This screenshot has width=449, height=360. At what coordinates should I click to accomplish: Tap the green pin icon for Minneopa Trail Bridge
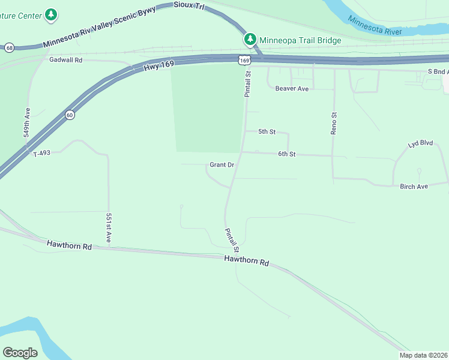click(250, 40)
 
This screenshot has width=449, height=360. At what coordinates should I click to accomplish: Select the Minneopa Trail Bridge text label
click(300, 40)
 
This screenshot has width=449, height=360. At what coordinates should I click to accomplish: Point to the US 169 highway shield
click(244, 60)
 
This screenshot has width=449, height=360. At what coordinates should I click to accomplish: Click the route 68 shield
click(8, 47)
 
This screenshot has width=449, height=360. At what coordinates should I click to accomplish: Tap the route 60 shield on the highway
click(70, 116)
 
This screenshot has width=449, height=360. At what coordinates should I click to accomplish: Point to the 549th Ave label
click(27, 124)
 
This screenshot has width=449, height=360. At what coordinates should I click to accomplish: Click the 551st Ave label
click(109, 228)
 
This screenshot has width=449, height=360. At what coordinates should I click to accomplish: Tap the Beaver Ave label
click(292, 89)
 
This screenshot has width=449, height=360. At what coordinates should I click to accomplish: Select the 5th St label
click(267, 131)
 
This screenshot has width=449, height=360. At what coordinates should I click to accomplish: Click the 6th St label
click(287, 154)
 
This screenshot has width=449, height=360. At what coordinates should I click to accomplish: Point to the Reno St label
click(334, 122)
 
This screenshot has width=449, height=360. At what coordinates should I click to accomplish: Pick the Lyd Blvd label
click(420, 145)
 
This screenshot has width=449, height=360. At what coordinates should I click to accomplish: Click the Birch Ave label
click(414, 187)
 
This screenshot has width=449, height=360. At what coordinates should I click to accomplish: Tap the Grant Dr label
click(221, 164)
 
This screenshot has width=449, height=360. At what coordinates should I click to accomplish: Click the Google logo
click(20, 353)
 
